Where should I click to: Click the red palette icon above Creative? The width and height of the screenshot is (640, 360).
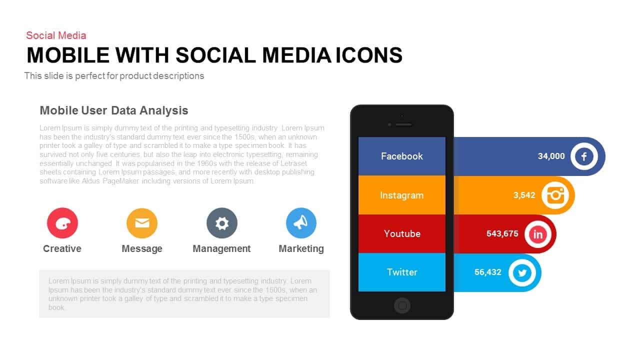pyautogui.click(x=62, y=223)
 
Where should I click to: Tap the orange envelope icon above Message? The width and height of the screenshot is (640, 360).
pyautogui.click(x=142, y=223)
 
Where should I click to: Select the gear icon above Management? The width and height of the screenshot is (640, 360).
pyautogui.click(x=222, y=223)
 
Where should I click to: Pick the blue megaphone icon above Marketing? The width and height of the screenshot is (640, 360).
pyautogui.click(x=301, y=223)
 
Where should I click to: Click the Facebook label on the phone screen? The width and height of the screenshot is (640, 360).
pyautogui.click(x=401, y=156)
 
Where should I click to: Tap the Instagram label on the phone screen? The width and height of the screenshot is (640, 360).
pyautogui.click(x=401, y=195)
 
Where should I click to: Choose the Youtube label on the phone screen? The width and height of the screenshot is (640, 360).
pyautogui.click(x=402, y=233)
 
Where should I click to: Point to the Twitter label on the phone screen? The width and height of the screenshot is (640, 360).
pyautogui.click(x=402, y=272)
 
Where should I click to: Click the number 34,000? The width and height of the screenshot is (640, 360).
pyautogui.click(x=551, y=156)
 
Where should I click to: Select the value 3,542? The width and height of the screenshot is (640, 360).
pyautogui.click(x=524, y=195)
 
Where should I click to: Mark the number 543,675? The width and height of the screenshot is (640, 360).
pyautogui.click(x=502, y=233)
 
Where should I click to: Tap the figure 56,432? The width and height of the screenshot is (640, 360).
pyautogui.click(x=487, y=272)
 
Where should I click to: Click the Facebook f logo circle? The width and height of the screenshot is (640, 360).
pyautogui.click(x=584, y=156)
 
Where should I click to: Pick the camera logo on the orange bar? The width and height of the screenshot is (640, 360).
pyautogui.click(x=555, y=195)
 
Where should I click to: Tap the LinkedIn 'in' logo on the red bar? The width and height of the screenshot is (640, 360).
pyautogui.click(x=538, y=234)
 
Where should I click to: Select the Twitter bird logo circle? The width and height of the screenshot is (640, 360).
pyautogui.click(x=522, y=273)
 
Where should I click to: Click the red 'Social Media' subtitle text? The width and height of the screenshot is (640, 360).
pyautogui.click(x=56, y=35)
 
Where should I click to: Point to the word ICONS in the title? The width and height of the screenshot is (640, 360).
pyautogui.click(x=369, y=55)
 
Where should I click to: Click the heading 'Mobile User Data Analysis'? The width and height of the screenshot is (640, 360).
pyautogui.click(x=113, y=110)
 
